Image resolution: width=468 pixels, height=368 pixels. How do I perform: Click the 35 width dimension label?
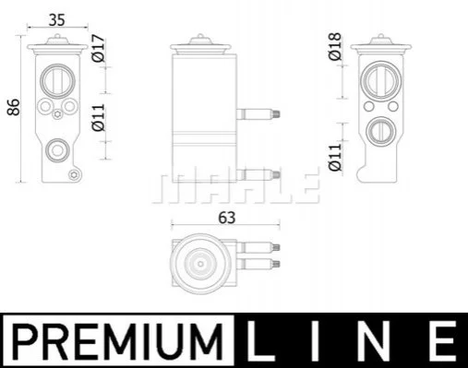pyautogui.click(x=57, y=20)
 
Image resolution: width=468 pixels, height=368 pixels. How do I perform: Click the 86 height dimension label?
pyautogui.click(x=14, y=107)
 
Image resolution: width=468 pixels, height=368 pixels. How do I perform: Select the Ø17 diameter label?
pyautogui.click(x=99, y=48)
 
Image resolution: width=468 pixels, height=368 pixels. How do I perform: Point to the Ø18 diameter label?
pyautogui.click(x=335, y=46)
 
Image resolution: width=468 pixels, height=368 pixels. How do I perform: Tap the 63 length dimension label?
pyautogui.click(x=227, y=218)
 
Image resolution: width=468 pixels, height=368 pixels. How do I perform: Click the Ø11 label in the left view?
pyautogui.click(x=99, y=118)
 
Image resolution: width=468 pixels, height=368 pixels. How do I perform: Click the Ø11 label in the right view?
pyautogui.click(x=335, y=157)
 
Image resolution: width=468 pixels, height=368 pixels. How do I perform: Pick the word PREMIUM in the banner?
pyautogui.click(x=118, y=341)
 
